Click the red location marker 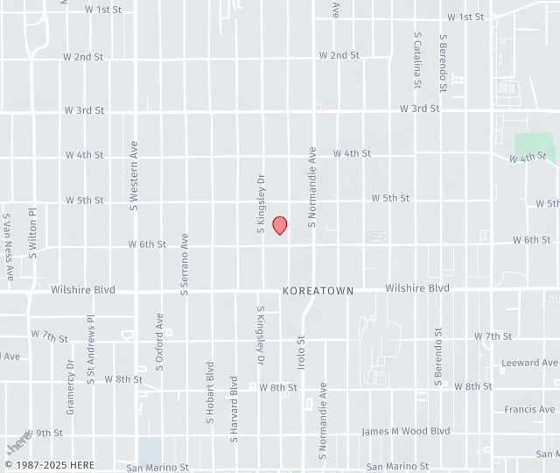click(280, 225)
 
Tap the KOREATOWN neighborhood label click(318, 290)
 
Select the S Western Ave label click(134, 176)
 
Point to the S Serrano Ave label click(185, 264)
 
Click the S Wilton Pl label click(32, 230)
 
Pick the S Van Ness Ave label click(7, 246)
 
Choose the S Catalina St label click(417, 61)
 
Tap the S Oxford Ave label click(159, 342)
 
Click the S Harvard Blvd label click(234, 408)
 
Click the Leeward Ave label click(529, 363)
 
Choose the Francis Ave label click(529, 409)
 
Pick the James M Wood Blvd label click(406, 431)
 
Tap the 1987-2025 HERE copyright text click(49, 464)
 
